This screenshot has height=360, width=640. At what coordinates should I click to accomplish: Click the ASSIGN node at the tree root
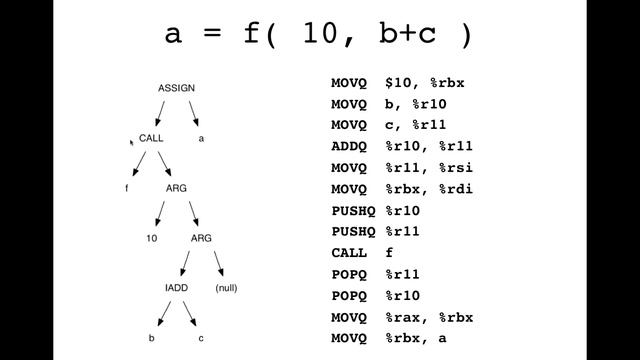(x=176, y=88)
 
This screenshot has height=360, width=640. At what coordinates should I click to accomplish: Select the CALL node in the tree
(x=151, y=138)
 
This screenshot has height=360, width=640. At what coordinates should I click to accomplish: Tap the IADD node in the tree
(x=176, y=288)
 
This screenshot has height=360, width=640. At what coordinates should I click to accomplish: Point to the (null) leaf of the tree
(x=227, y=288)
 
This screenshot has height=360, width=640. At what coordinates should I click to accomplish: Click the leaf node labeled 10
(x=152, y=238)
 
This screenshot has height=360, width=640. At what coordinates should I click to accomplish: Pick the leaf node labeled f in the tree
(x=127, y=188)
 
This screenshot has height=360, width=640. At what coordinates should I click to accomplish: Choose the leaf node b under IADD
(x=152, y=338)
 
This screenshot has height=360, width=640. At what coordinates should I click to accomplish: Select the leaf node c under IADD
(x=201, y=338)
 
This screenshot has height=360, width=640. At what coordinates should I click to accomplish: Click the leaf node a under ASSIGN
(x=201, y=138)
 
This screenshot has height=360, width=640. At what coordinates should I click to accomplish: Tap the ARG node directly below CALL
(x=176, y=188)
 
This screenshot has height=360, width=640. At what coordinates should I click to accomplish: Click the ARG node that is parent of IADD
(x=201, y=238)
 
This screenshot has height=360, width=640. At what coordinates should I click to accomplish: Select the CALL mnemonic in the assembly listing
(x=350, y=253)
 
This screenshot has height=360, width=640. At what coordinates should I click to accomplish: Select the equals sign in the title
(x=209, y=35)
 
